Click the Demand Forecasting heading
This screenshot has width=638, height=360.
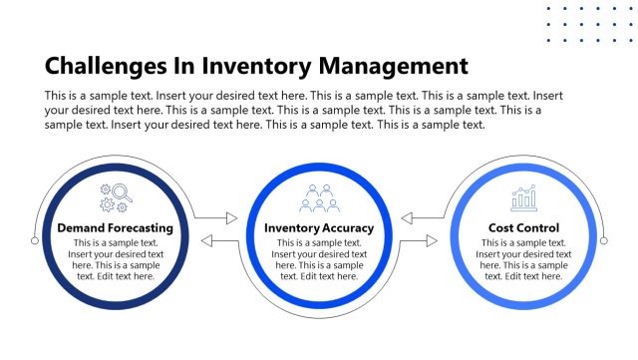(115, 228)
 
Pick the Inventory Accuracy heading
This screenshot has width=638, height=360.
(319, 228)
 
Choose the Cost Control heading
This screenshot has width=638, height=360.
(523, 228)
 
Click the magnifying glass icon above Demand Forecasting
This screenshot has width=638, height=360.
(122, 192)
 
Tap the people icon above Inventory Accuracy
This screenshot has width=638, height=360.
(319, 198)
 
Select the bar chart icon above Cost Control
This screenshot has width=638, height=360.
(523, 198)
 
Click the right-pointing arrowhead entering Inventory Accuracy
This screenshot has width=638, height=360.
(231, 217)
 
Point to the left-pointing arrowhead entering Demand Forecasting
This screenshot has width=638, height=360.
(207, 240)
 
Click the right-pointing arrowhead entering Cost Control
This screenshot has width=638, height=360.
(432, 240)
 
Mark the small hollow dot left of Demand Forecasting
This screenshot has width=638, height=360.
(35, 240)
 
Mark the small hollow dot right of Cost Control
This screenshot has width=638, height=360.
(604, 240)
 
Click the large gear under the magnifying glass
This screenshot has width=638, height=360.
(106, 204)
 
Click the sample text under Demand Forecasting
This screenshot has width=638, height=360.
(115, 259)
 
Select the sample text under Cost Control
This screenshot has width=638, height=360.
(523, 259)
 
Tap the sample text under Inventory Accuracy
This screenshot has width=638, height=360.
(319, 259)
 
